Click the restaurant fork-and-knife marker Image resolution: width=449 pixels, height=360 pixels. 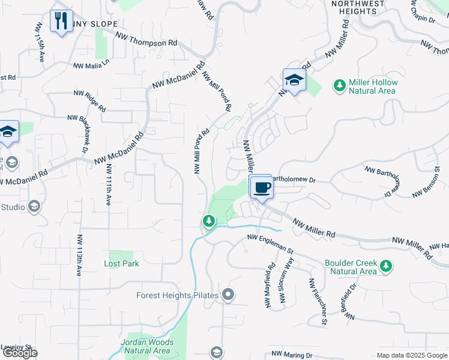[x=61, y=21]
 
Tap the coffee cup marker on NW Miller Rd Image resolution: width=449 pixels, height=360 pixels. [x=261, y=187]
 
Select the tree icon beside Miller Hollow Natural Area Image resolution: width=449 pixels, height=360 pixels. [x=340, y=85]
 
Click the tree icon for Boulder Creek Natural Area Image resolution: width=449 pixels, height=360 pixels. [x=387, y=265]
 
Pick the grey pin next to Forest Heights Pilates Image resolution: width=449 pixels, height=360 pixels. [x=228, y=295]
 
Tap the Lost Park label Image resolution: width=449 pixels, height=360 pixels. [x=121, y=263]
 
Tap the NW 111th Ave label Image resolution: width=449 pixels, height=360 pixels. [x=109, y=185]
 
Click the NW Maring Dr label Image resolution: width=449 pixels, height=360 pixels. [x=292, y=355]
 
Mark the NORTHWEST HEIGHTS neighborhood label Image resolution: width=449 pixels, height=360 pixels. [x=358, y=7]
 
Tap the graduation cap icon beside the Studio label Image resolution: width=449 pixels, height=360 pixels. [x=34, y=207]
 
